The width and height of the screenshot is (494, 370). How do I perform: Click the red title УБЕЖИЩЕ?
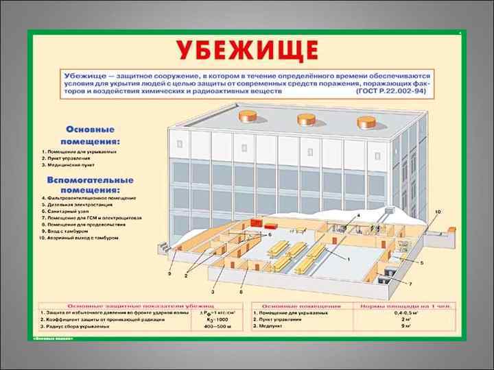(248, 51)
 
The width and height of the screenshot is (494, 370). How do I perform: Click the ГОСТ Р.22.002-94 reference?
(394, 90)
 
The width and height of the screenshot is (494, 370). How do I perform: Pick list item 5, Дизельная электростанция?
(82, 204)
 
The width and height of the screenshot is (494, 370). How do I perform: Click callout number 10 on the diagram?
(438, 212)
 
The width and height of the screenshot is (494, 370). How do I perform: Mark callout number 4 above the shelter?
(357, 216)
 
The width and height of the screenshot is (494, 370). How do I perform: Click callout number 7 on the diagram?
(410, 284)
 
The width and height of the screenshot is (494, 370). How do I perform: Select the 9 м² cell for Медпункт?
(404, 325)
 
